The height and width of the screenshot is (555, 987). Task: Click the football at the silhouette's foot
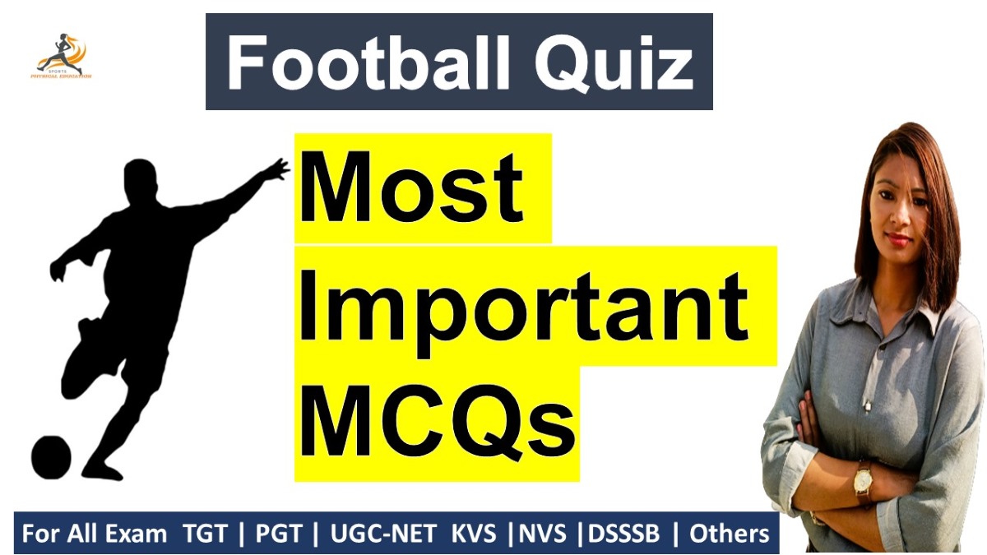point(51,455)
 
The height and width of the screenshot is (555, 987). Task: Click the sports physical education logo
point(63,57)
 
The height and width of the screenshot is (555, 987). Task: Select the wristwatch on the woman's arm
point(863,482)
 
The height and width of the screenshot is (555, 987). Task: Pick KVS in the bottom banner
point(474,534)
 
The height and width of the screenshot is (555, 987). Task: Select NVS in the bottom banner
point(543,534)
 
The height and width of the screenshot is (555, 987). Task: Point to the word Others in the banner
point(729,534)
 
